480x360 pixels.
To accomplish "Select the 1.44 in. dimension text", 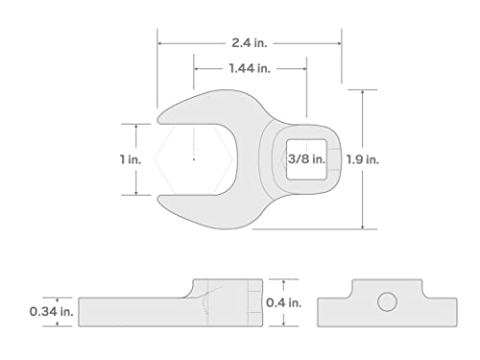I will pyautogui.click(x=250, y=68).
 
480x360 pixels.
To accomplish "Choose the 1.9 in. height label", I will pyautogui.click(x=392, y=159).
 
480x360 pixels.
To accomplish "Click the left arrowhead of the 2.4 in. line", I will pyautogui.click(x=161, y=42).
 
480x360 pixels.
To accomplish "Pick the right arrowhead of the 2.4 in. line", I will pyautogui.click(x=340, y=42).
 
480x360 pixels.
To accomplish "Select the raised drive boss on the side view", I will pyautogui.click(x=227, y=290).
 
